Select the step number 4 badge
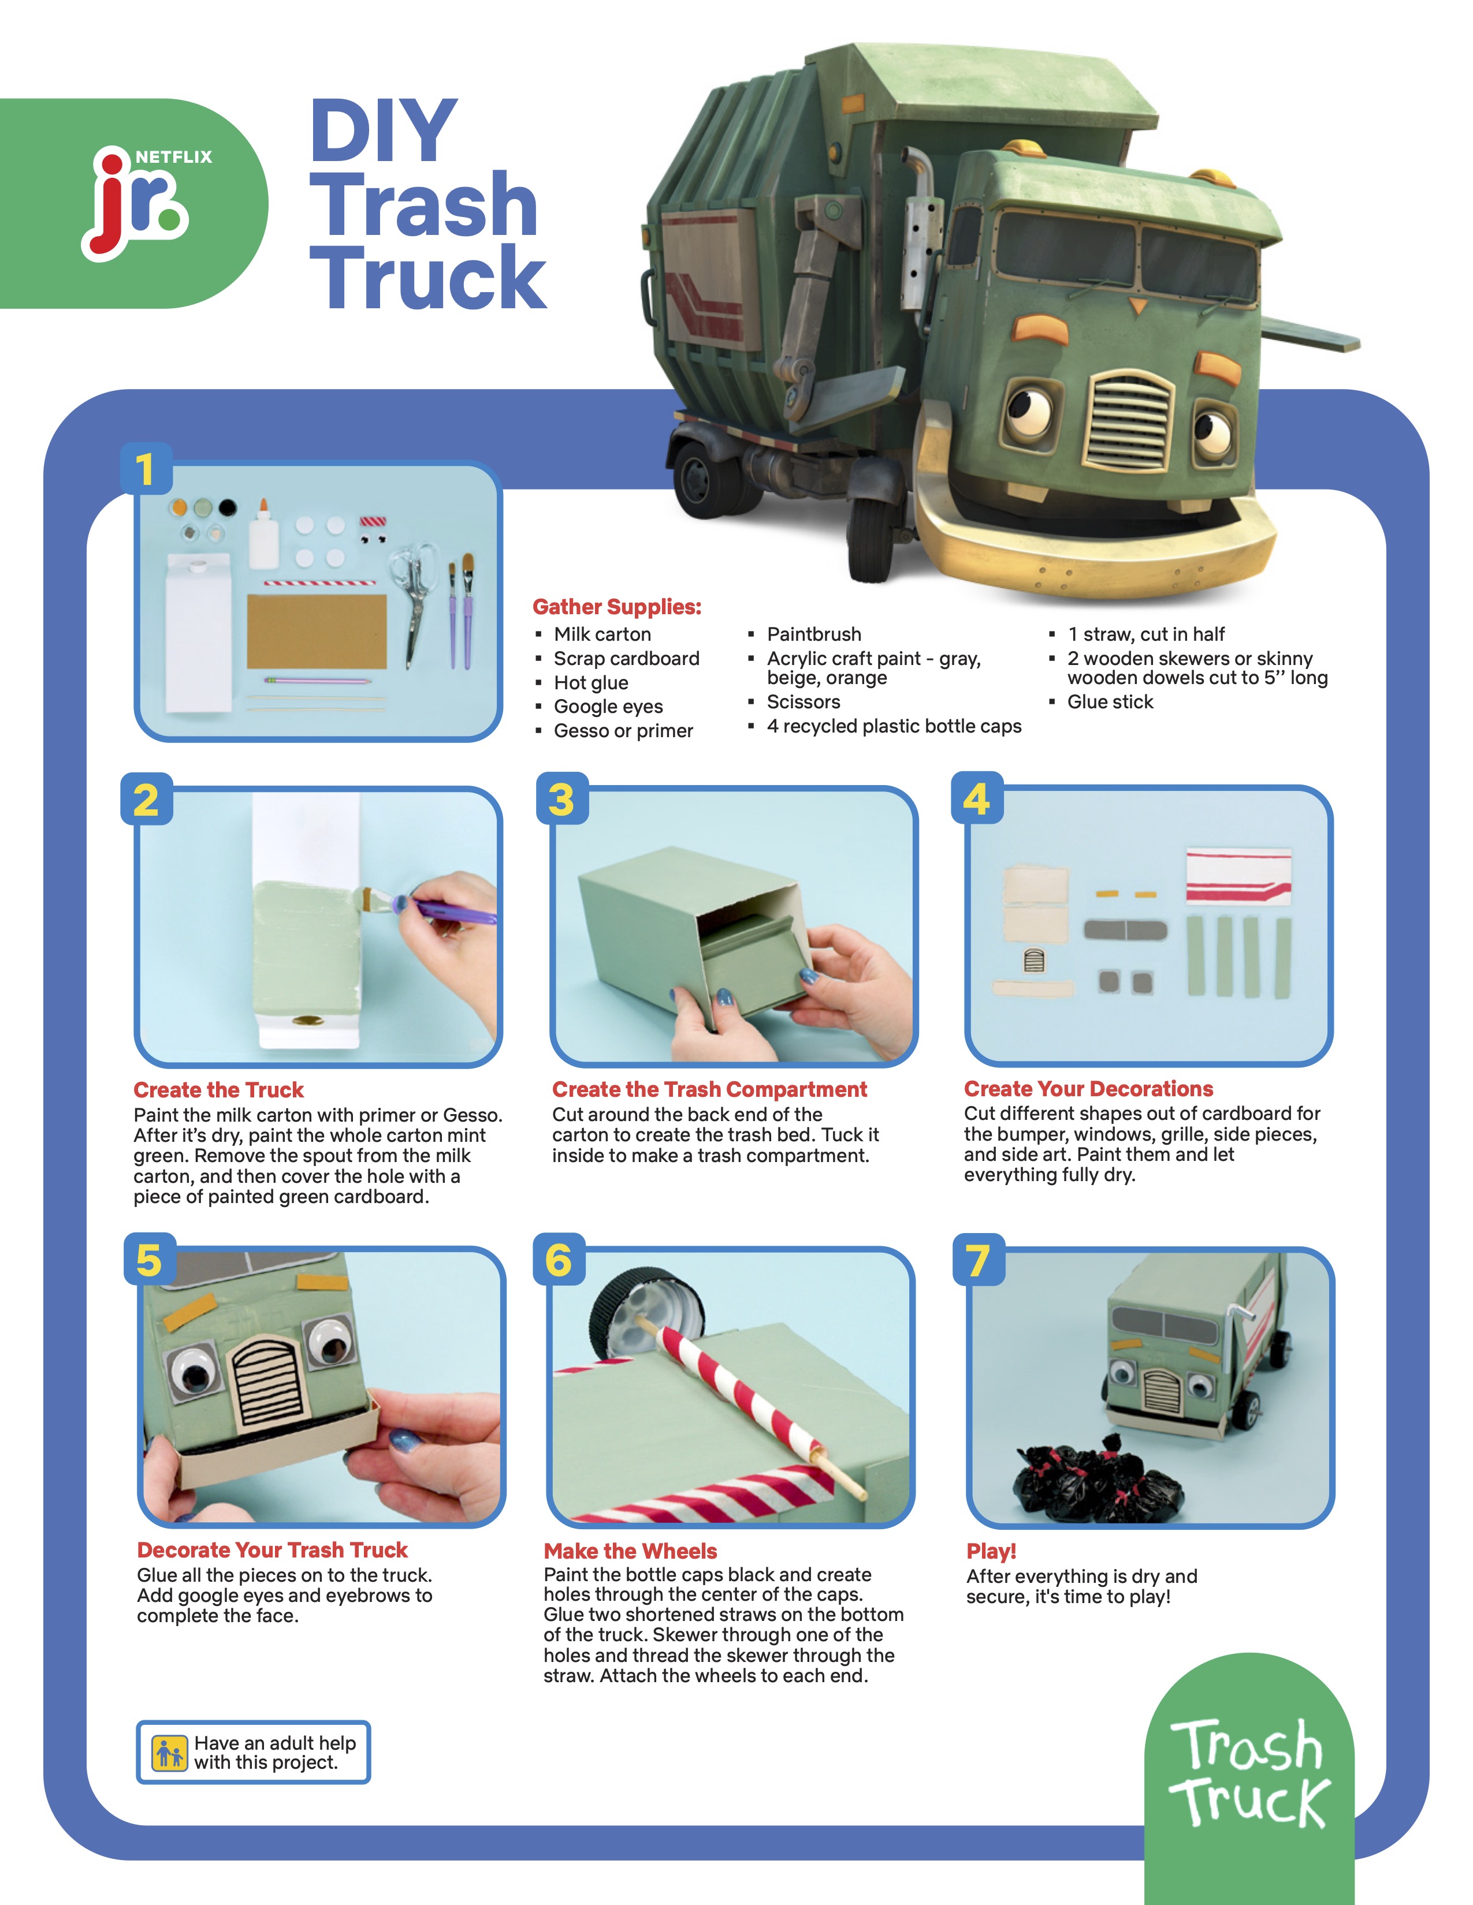click(x=976, y=798)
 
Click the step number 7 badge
click(x=978, y=1260)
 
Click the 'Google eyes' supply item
click(x=608, y=707)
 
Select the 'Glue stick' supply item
click(x=1110, y=701)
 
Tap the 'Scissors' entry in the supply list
click(x=803, y=701)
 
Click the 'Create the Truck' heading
click(x=218, y=1089)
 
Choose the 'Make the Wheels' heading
click(x=630, y=1551)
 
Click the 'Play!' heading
click(x=991, y=1552)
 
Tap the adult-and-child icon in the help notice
click(x=169, y=1751)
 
